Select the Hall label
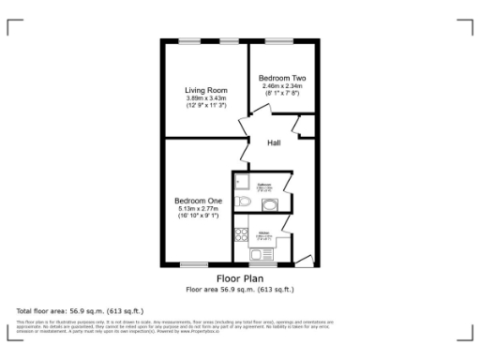[x=275, y=143]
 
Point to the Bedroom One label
[x=198, y=201]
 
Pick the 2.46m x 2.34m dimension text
[x=281, y=85]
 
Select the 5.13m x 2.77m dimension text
[x=198, y=209]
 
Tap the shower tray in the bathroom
[x=241, y=182]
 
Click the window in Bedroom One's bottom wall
[x=194, y=264]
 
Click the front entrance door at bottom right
[x=307, y=260]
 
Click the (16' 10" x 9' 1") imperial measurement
[x=198, y=217]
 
